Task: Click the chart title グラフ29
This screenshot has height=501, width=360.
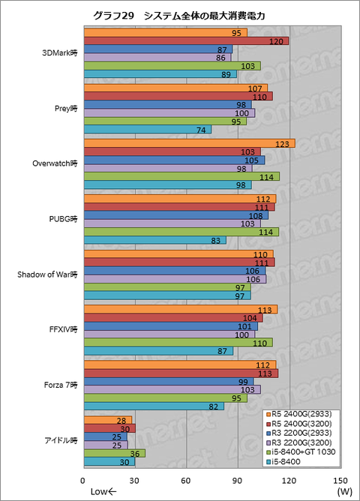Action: point(113,16)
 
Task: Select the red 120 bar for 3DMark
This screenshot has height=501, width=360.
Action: point(187,41)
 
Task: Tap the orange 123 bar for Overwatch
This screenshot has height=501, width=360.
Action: point(190,143)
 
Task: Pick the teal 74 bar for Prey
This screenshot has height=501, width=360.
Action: point(148,130)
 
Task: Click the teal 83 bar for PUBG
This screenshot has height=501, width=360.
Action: point(155,240)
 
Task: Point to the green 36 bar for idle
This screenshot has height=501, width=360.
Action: point(115,454)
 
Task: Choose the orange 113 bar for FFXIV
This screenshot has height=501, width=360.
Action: point(181,309)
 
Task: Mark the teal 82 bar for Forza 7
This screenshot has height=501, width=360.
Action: point(154,406)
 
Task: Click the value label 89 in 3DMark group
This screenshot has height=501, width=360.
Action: point(226,74)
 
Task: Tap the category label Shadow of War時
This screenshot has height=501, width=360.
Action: point(47,274)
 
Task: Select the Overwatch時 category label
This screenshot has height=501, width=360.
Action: point(55,163)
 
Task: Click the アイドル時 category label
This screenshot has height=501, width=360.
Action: point(61,440)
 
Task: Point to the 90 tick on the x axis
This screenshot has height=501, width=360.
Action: point(237,481)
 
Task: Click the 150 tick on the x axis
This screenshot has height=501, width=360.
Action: point(340,481)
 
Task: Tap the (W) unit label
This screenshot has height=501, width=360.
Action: point(344,491)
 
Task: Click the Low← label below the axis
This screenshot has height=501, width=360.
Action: point(103,491)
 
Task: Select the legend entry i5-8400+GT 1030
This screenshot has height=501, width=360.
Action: point(300,452)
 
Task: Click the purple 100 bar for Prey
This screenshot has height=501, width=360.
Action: point(169,112)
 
